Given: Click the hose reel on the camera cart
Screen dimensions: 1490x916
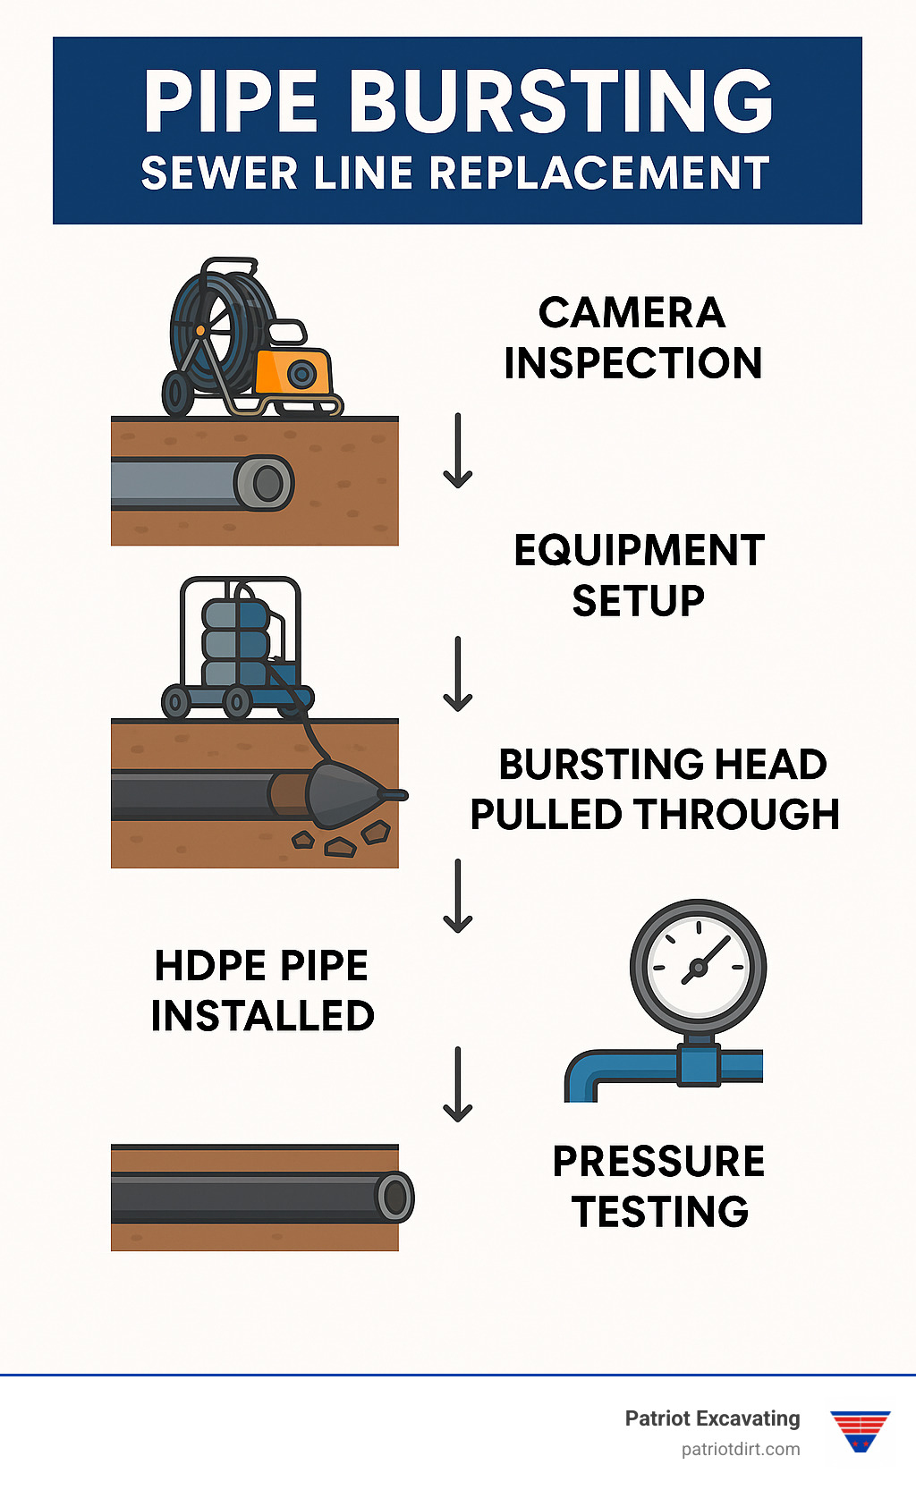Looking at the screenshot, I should click(215, 327).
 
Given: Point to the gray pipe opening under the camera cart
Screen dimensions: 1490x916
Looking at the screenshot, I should click(267, 484).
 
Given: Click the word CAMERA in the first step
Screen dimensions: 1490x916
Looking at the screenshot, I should click(632, 313).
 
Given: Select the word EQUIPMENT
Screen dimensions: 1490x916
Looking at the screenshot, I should click(639, 551).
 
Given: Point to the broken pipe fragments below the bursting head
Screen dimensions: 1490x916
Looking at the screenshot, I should click(341, 842).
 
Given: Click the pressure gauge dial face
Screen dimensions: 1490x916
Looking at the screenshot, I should click(698, 967).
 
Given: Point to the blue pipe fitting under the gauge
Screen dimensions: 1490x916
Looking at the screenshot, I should click(699, 1064).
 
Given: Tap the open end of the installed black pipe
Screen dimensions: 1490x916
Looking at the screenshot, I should click(394, 1196).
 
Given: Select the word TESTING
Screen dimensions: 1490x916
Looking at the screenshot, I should click(660, 1212).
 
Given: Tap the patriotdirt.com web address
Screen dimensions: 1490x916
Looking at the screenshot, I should click(741, 1449).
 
